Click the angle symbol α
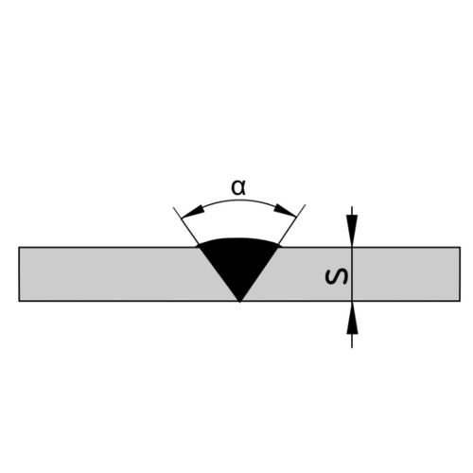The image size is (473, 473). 239,187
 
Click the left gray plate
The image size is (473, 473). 104,274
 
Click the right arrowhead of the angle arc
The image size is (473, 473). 290,213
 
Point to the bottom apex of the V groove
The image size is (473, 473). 240,302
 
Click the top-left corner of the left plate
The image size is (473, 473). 19,247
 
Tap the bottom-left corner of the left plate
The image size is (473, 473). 19,302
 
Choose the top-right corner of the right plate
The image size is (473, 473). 460,247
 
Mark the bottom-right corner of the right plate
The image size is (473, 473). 460,302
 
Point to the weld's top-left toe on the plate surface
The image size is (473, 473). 199,247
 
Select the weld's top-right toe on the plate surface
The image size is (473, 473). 281,247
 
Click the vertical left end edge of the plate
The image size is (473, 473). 19,274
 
